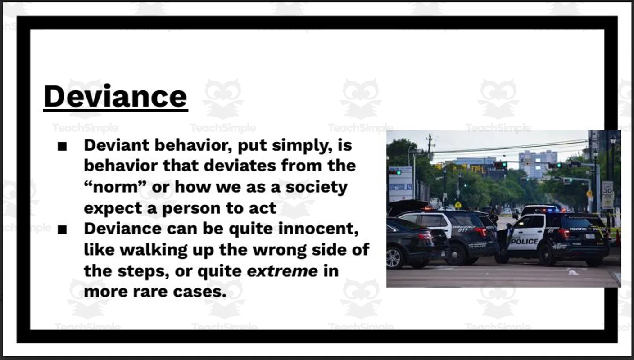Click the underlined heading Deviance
(115, 96)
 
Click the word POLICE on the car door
(525, 241)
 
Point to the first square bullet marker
(63, 147)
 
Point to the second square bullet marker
(63, 230)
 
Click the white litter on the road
(573, 272)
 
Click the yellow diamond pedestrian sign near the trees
(458, 205)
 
